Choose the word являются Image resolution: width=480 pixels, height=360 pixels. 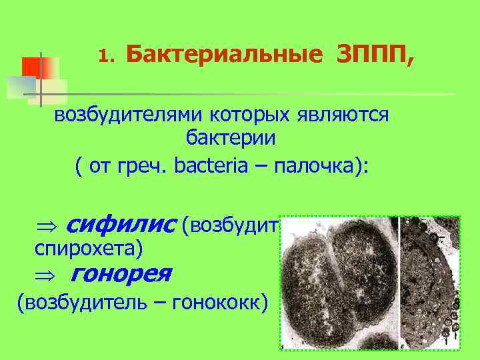tap(344, 115)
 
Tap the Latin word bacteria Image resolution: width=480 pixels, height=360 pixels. tap(213, 165)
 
